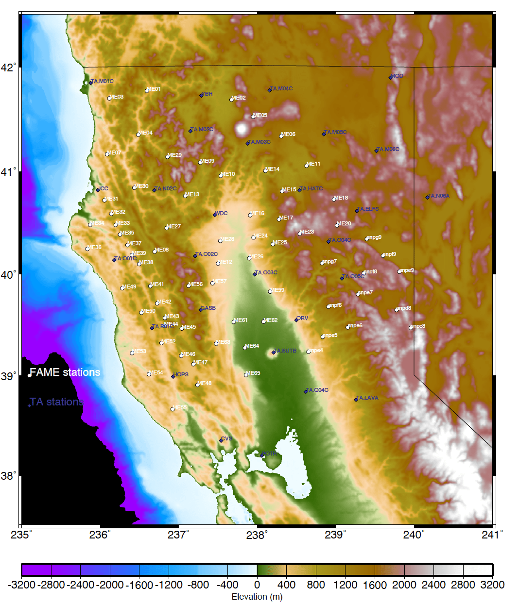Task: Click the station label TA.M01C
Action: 102,81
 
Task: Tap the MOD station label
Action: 397,76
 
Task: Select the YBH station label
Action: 208,94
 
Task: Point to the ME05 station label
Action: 261,115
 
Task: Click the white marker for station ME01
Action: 147,90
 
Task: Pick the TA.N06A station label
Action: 439,196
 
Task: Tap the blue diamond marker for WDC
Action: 215,214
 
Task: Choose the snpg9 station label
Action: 374,237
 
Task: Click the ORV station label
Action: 303,318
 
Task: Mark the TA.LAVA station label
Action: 367,398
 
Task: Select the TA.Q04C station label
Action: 318,390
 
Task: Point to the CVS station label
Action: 227,438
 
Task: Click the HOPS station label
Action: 181,374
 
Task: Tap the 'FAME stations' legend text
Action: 65,372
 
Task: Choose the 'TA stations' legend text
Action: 56,402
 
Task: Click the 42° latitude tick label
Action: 9,67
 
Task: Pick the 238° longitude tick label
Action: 257,535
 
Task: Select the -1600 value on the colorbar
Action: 140,585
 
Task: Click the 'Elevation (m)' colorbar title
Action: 257,597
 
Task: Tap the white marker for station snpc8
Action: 411,328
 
